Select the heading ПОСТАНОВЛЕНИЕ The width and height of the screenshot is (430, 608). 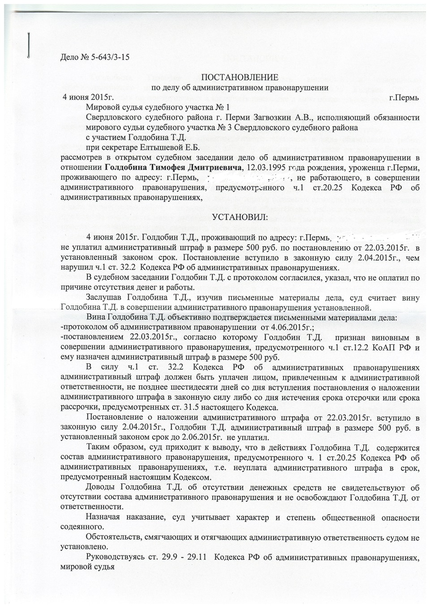point(239,78)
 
